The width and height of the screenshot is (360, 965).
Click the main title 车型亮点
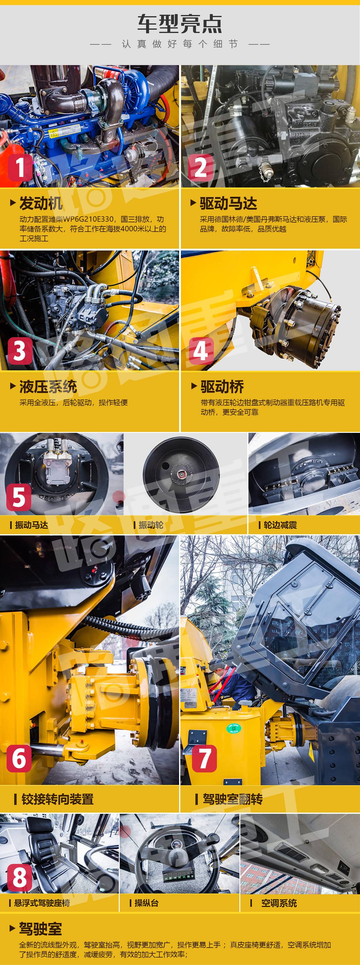click(x=180, y=24)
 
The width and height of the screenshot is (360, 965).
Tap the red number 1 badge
click(x=20, y=167)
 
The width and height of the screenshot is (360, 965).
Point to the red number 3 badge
click(x=20, y=351)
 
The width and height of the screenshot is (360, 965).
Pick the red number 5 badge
click(x=19, y=497)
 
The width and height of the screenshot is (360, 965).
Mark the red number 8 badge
click(x=19, y=877)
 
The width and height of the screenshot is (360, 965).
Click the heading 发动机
click(x=41, y=203)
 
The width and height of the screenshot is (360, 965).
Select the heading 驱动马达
click(x=228, y=203)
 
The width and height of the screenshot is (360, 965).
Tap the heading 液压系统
click(x=48, y=387)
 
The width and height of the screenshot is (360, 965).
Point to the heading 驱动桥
click(x=222, y=387)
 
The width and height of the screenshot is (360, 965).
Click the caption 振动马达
click(x=31, y=525)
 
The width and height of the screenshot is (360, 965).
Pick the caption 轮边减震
click(x=280, y=525)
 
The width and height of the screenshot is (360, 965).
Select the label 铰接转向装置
click(x=57, y=799)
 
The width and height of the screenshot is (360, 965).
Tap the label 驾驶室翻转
click(x=232, y=799)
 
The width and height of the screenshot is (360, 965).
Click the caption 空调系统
click(x=279, y=903)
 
